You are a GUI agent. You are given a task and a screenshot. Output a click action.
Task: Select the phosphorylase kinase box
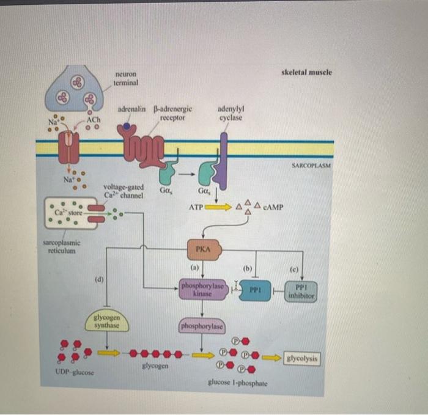tap(202, 290)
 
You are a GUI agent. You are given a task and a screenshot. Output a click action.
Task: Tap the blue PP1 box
tap(254, 290)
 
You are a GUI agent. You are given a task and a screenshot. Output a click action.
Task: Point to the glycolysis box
tap(303, 358)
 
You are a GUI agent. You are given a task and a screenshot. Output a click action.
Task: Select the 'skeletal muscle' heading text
tap(306, 72)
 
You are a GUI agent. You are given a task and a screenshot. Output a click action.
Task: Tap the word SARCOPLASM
tap(311, 166)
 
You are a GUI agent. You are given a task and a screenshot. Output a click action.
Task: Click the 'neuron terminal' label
tap(125, 78)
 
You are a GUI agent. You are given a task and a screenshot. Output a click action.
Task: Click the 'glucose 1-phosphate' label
tap(237, 383)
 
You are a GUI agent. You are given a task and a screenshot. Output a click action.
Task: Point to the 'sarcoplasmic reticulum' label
tap(59, 247)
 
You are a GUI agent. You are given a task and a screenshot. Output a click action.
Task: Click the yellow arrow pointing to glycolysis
tap(273, 358)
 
